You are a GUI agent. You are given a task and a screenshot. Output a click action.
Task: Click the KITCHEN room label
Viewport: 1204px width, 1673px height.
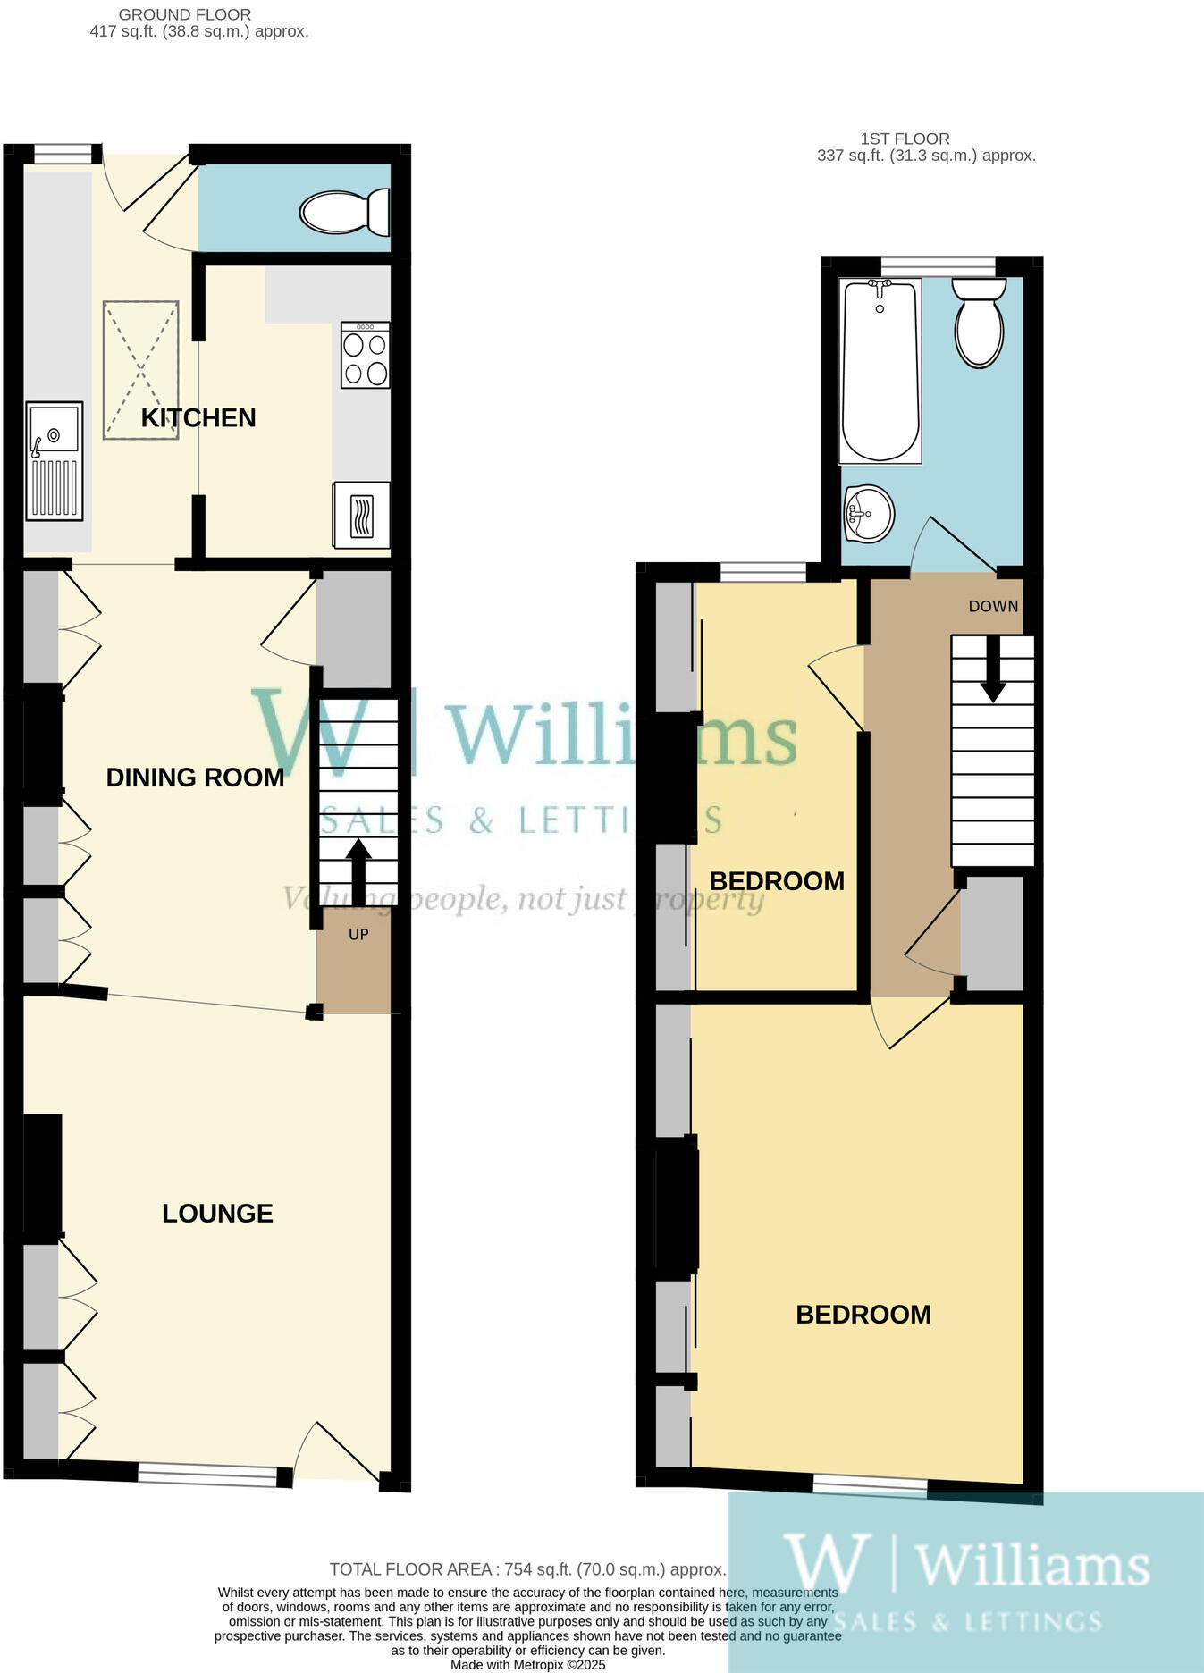[x=198, y=417]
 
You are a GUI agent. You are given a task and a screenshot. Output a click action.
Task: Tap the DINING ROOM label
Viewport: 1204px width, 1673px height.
[x=195, y=778]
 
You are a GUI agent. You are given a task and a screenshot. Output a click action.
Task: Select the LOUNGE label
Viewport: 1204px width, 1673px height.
[x=217, y=1213]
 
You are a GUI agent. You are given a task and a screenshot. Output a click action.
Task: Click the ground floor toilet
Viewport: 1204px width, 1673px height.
[x=345, y=212]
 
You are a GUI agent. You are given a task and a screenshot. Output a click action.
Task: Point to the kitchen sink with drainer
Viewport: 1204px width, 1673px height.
[x=55, y=460]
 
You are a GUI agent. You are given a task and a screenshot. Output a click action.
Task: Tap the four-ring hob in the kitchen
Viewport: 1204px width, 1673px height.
[x=365, y=355]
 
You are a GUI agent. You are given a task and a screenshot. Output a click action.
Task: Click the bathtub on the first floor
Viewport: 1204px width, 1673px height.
[x=880, y=370]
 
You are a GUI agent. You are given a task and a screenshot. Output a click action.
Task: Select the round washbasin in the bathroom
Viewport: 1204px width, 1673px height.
[x=868, y=514]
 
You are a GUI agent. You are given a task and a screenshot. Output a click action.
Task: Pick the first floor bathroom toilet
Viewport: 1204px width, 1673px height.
[x=979, y=321]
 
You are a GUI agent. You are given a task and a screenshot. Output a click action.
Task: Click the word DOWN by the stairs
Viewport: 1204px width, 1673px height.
[x=993, y=606]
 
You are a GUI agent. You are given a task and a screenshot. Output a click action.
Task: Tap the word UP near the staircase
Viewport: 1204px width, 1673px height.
[x=358, y=935]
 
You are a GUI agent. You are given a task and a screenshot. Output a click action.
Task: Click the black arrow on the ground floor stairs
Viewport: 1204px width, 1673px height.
[x=358, y=871]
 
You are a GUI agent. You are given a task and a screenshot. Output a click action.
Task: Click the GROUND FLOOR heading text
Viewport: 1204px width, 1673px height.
[x=185, y=15]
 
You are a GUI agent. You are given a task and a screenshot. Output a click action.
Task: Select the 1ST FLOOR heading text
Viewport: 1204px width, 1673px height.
[x=905, y=139]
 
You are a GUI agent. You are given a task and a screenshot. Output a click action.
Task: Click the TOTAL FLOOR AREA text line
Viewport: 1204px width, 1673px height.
[x=527, y=1569]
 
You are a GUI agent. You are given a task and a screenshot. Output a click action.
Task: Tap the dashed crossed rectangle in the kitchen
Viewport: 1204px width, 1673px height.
[x=140, y=370]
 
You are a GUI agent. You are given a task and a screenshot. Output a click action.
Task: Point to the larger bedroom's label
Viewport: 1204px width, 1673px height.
[x=863, y=1315]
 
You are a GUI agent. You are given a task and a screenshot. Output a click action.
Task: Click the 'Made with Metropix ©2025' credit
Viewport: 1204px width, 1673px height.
[x=527, y=1665]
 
